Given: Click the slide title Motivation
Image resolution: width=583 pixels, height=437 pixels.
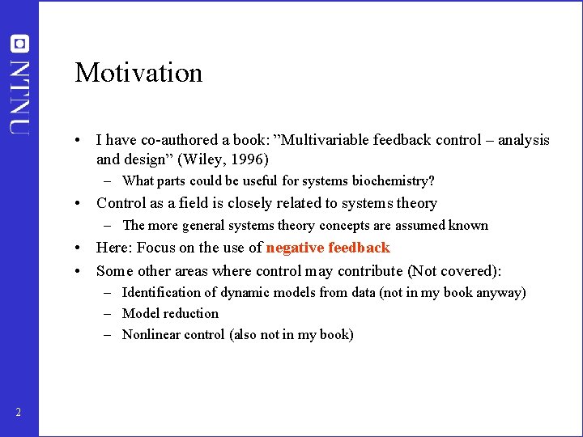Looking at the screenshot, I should point(138,73).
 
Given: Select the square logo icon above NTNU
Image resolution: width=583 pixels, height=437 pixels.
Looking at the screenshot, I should point(19,44).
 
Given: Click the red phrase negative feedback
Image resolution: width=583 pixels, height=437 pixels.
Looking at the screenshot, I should point(328,248).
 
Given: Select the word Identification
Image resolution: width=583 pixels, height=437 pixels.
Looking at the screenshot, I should point(160,292).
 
